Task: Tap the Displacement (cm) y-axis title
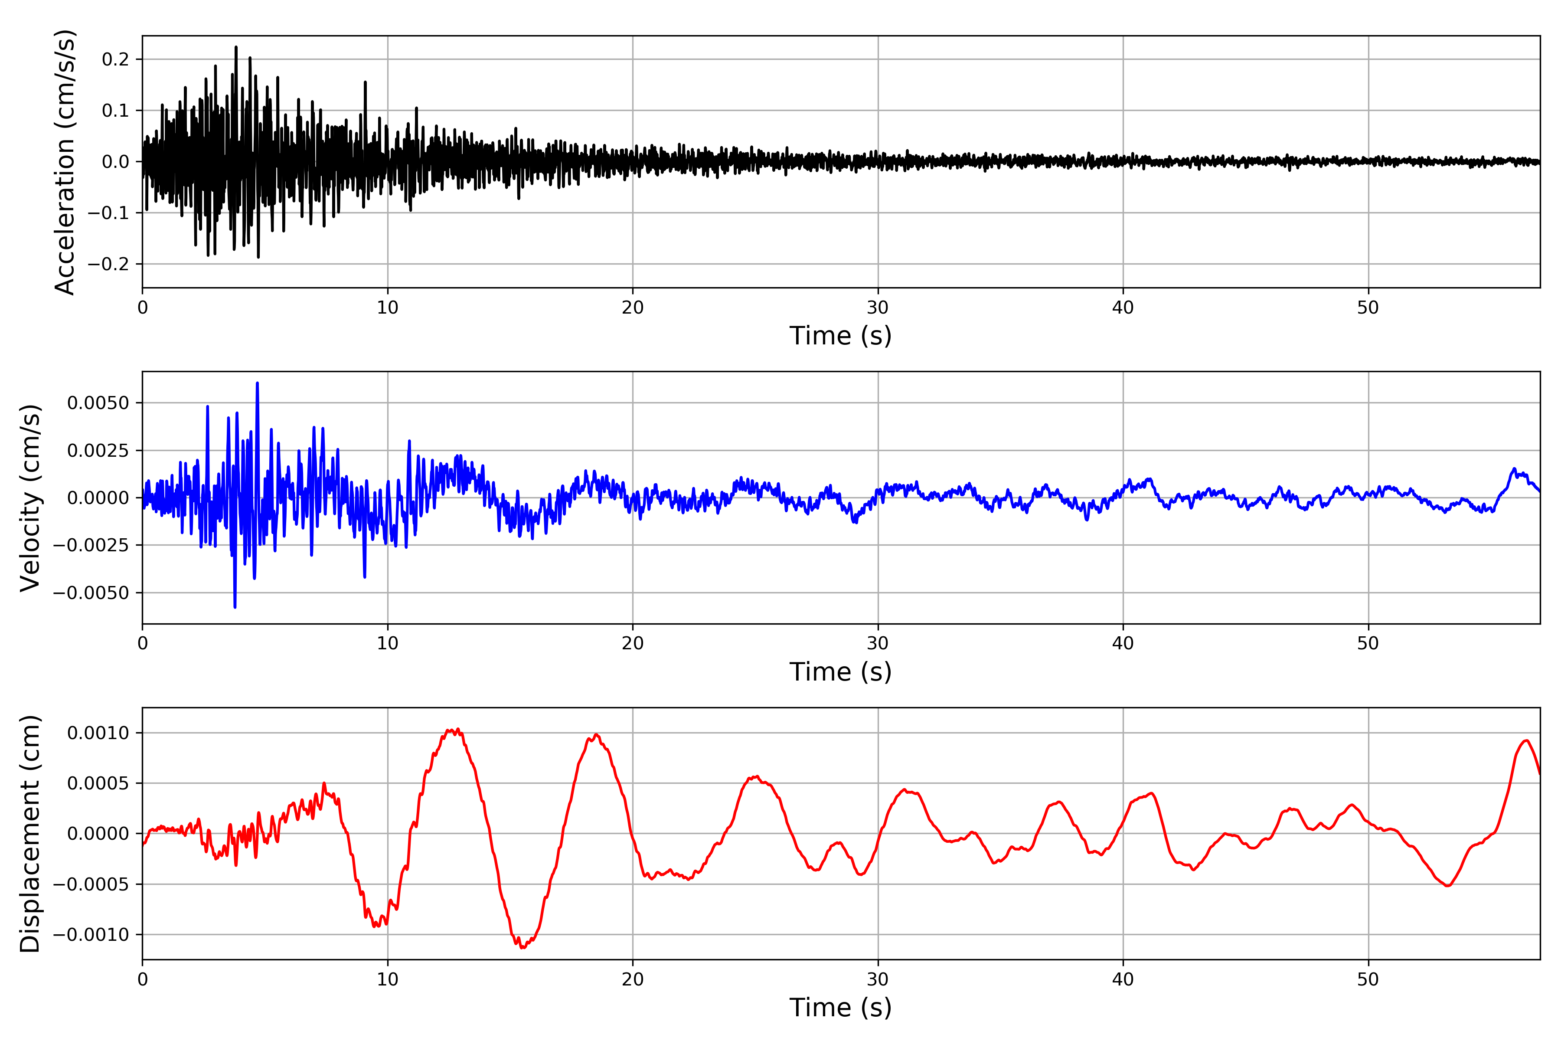tap(30, 833)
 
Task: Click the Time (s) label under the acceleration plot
tap(840, 336)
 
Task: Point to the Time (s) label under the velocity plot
tap(840, 672)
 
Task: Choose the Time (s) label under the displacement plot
tap(840, 1008)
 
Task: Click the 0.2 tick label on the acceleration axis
tap(115, 60)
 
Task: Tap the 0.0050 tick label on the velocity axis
tap(98, 403)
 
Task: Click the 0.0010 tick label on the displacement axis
tap(98, 733)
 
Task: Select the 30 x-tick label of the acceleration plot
tap(877, 308)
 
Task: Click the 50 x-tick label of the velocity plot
tap(1368, 643)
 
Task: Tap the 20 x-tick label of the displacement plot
tap(633, 979)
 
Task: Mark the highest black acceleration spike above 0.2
tap(235, 47)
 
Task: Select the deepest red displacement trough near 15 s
tap(523, 947)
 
